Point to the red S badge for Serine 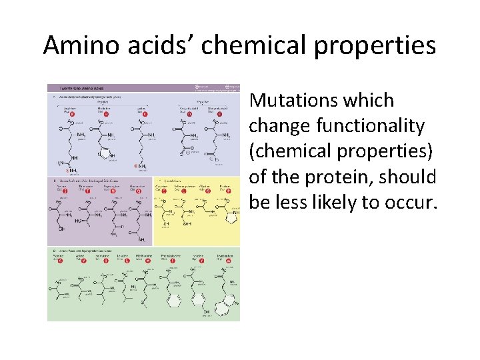coord(66,190)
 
